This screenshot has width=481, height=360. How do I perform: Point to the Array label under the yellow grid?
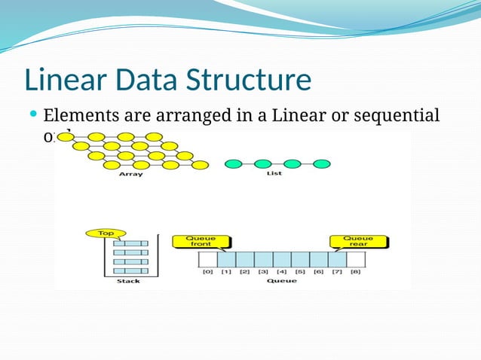click(x=130, y=175)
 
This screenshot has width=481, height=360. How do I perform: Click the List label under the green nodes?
click(x=275, y=175)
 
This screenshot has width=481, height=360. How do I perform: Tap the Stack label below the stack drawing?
click(x=128, y=281)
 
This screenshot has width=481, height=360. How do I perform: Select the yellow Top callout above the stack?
click(x=105, y=233)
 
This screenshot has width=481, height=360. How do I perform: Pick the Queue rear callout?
click(x=357, y=242)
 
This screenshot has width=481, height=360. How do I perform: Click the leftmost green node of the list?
click(x=234, y=163)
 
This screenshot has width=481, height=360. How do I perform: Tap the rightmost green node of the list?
click(x=322, y=163)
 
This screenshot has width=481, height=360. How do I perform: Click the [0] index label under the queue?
click(x=208, y=271)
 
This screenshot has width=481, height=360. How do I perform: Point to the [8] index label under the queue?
click(x=356, y=271)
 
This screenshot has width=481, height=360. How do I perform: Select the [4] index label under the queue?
click(x=282, y=271)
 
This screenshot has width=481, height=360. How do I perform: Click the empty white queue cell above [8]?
click(x=356, y=259)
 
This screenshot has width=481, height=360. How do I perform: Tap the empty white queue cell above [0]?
click(x=208, y=259)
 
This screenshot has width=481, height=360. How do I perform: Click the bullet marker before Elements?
click(x=33, y=115)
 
